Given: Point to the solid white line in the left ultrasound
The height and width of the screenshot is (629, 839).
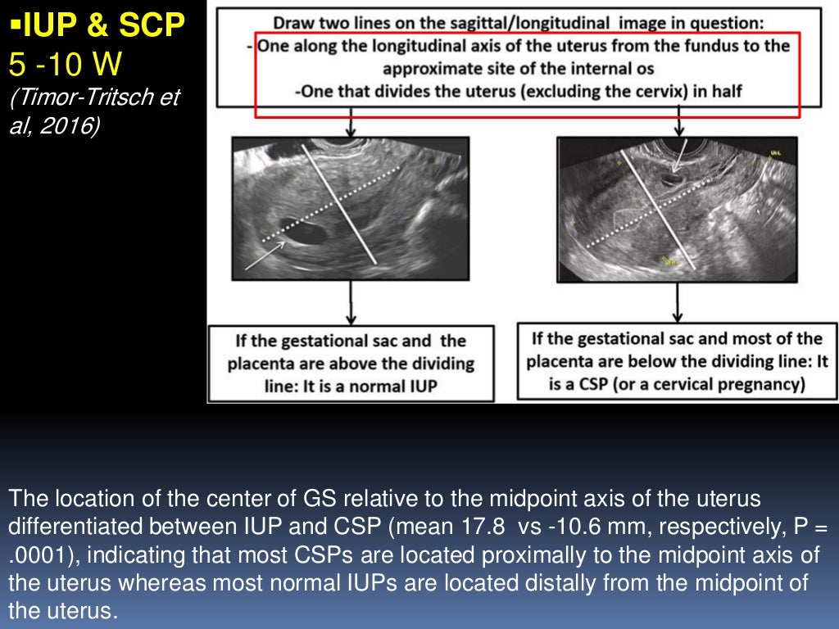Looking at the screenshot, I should tap(340, 205).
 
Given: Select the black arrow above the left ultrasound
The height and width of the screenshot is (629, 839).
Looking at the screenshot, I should tap(351, 122).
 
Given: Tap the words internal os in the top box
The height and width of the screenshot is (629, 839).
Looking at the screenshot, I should tap(605, 68).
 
